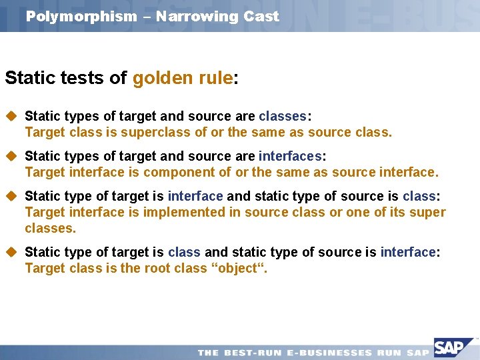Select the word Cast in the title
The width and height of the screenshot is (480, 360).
coord(261,17)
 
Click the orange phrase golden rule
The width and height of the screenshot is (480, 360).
coord(182,79)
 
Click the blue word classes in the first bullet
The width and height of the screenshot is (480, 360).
coord(283,116)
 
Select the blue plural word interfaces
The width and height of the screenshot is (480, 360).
coord(290,156)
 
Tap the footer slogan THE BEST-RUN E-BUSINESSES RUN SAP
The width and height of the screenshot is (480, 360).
coord(313,352)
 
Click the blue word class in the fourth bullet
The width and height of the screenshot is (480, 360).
coord(185,252)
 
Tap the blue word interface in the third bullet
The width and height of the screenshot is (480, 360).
coord(195,196)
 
